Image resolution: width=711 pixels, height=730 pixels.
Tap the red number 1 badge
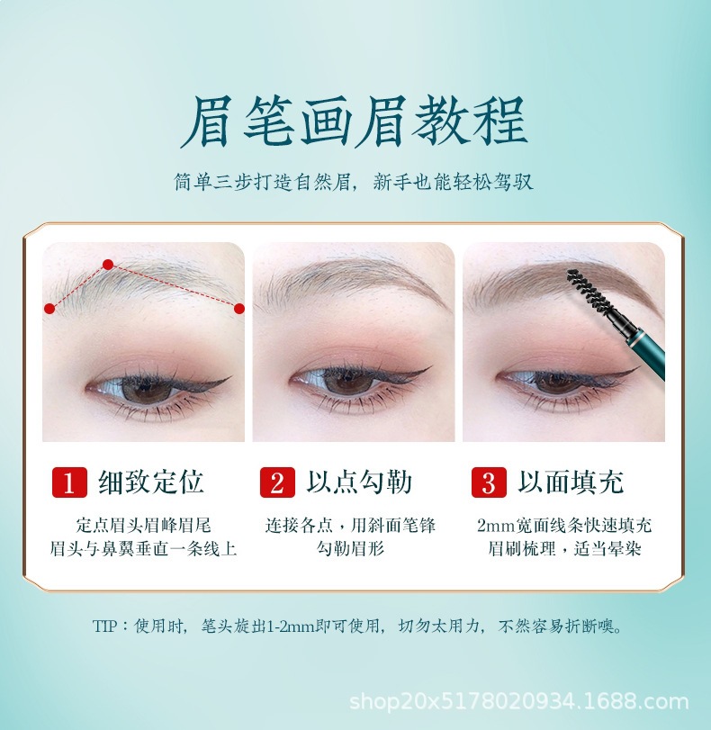click(68, 482)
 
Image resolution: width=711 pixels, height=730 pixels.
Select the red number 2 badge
click(277, 482)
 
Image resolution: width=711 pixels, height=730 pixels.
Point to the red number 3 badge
click(489, 482)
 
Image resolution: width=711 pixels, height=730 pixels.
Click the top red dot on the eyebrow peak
click(108, 265)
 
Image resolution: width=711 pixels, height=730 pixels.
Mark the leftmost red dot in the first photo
click(49, 309)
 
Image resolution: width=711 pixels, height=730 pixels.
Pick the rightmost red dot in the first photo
click(239, 309)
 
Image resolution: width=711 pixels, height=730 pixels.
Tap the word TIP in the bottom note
click(104, 626)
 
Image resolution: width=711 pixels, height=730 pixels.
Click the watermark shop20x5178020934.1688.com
click(518, 702)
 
